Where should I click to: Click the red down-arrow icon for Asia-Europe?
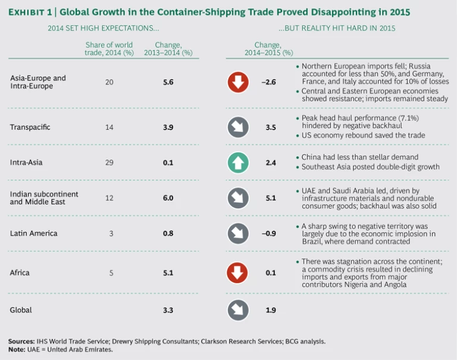pyautogui.click(x=238, y=82)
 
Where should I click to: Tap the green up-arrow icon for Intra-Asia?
pyautogui.click(x=238, y=161)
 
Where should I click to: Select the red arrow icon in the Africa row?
pyautogui.click(x=238, y=273)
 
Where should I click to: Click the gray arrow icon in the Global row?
pyautogui.click(x=238, y=310)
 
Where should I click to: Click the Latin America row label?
pyautogui.click(x=34, y=233)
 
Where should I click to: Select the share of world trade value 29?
pyautogui.click(x=109, y=161)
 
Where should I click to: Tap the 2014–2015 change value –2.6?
pyautogui.click(x=269, y=82)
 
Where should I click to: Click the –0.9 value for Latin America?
pyautogui.click(x=269, y=233)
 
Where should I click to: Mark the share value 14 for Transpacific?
pyautogui.click(x=109, y=127)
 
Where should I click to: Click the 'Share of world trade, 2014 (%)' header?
pyautogui.click(x=108, y=49)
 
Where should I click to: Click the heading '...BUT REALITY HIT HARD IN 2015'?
pyautogui.click(x=336, y=28)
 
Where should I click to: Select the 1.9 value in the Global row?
pyautogui.click(x=269, y=310)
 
